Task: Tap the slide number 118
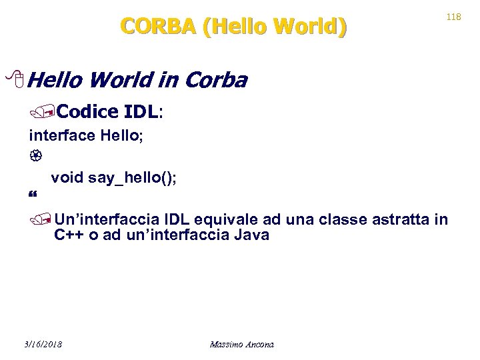453,17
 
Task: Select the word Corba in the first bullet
215,81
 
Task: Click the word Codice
90,111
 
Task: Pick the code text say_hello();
132,178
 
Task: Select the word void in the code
67,178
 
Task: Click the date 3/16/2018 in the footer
42,344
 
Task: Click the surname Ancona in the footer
261,344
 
